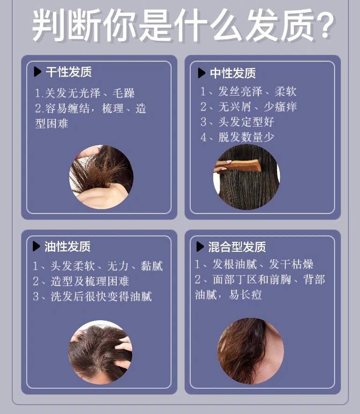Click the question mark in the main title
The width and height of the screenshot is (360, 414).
[324, 25]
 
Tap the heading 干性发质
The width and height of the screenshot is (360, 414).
[68, 72]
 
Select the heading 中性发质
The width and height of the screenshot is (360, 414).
[233, 73]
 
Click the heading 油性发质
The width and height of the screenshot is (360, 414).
[67, 247]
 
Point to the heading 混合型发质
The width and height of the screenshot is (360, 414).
[237, 247]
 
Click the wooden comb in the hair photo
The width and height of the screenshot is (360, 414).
[238, 166]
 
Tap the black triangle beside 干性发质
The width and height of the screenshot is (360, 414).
[37, 72]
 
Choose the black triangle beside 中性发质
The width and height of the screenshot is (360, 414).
[202, 73]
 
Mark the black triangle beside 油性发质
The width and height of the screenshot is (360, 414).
[36, 247]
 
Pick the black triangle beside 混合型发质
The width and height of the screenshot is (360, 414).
[200, 247]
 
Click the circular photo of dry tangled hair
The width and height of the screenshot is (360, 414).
[101, 177]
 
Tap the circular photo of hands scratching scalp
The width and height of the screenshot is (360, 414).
[100, 352]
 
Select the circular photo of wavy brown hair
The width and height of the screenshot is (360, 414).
[250, 351]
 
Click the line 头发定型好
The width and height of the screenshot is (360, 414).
[246, 122]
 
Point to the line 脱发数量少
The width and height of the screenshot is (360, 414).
[246, 137]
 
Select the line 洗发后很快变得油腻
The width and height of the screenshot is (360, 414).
[101, 296]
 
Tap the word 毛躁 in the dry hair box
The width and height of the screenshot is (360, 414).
[124, 93]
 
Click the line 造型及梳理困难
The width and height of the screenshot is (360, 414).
[90, 281]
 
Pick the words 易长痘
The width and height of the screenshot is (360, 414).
[245, 294]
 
